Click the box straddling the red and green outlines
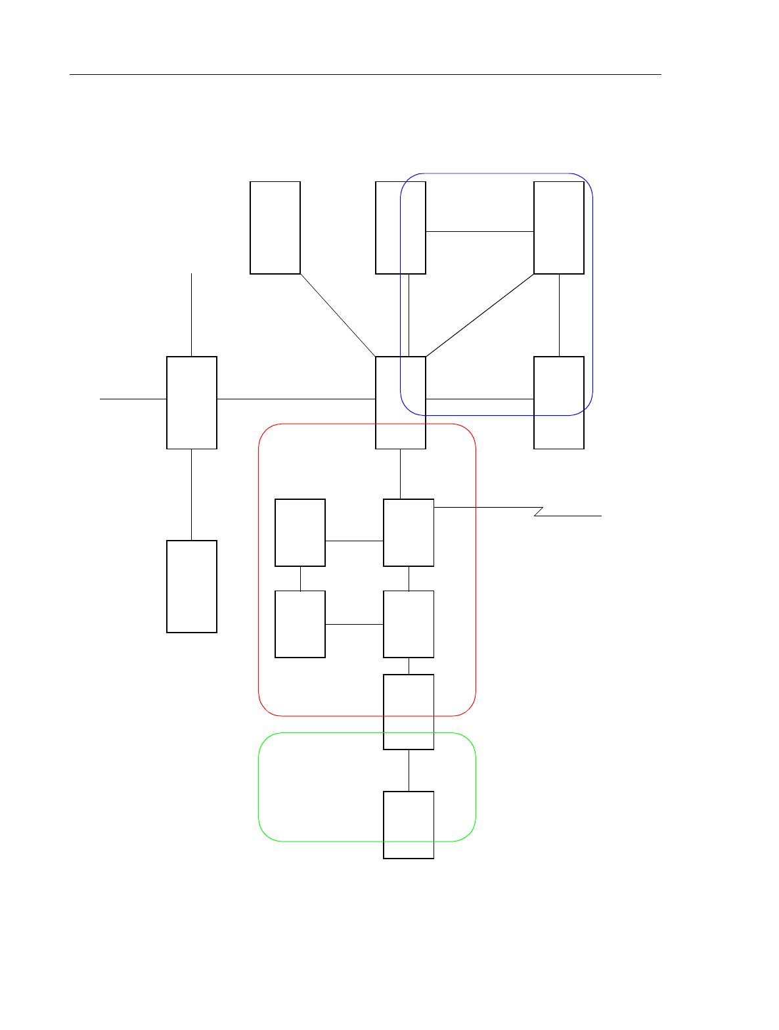click(409, 711)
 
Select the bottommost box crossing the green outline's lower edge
click(409, 824)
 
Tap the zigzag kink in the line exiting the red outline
click(539, 512)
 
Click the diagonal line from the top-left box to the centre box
click(338, 315)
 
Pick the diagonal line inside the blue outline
click(479, 315)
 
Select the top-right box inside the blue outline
click(559, 227)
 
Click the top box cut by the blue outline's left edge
click(401, 227)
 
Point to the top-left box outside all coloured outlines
click(275, 227)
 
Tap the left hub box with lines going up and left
click(192, 403)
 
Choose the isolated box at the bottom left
click(192, 587)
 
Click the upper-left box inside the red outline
click(300, 533)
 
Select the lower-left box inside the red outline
click(300, 624)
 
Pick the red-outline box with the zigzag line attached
click(409, 533)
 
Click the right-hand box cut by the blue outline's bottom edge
click(559, 403)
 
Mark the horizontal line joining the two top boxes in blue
click(479, 231)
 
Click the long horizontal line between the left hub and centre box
click(296, 399)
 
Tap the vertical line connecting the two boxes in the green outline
click(409, 770)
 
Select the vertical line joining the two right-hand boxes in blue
click(559, 315)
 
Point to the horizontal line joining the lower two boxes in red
click(354, 624)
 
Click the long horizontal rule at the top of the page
click(365, 74)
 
